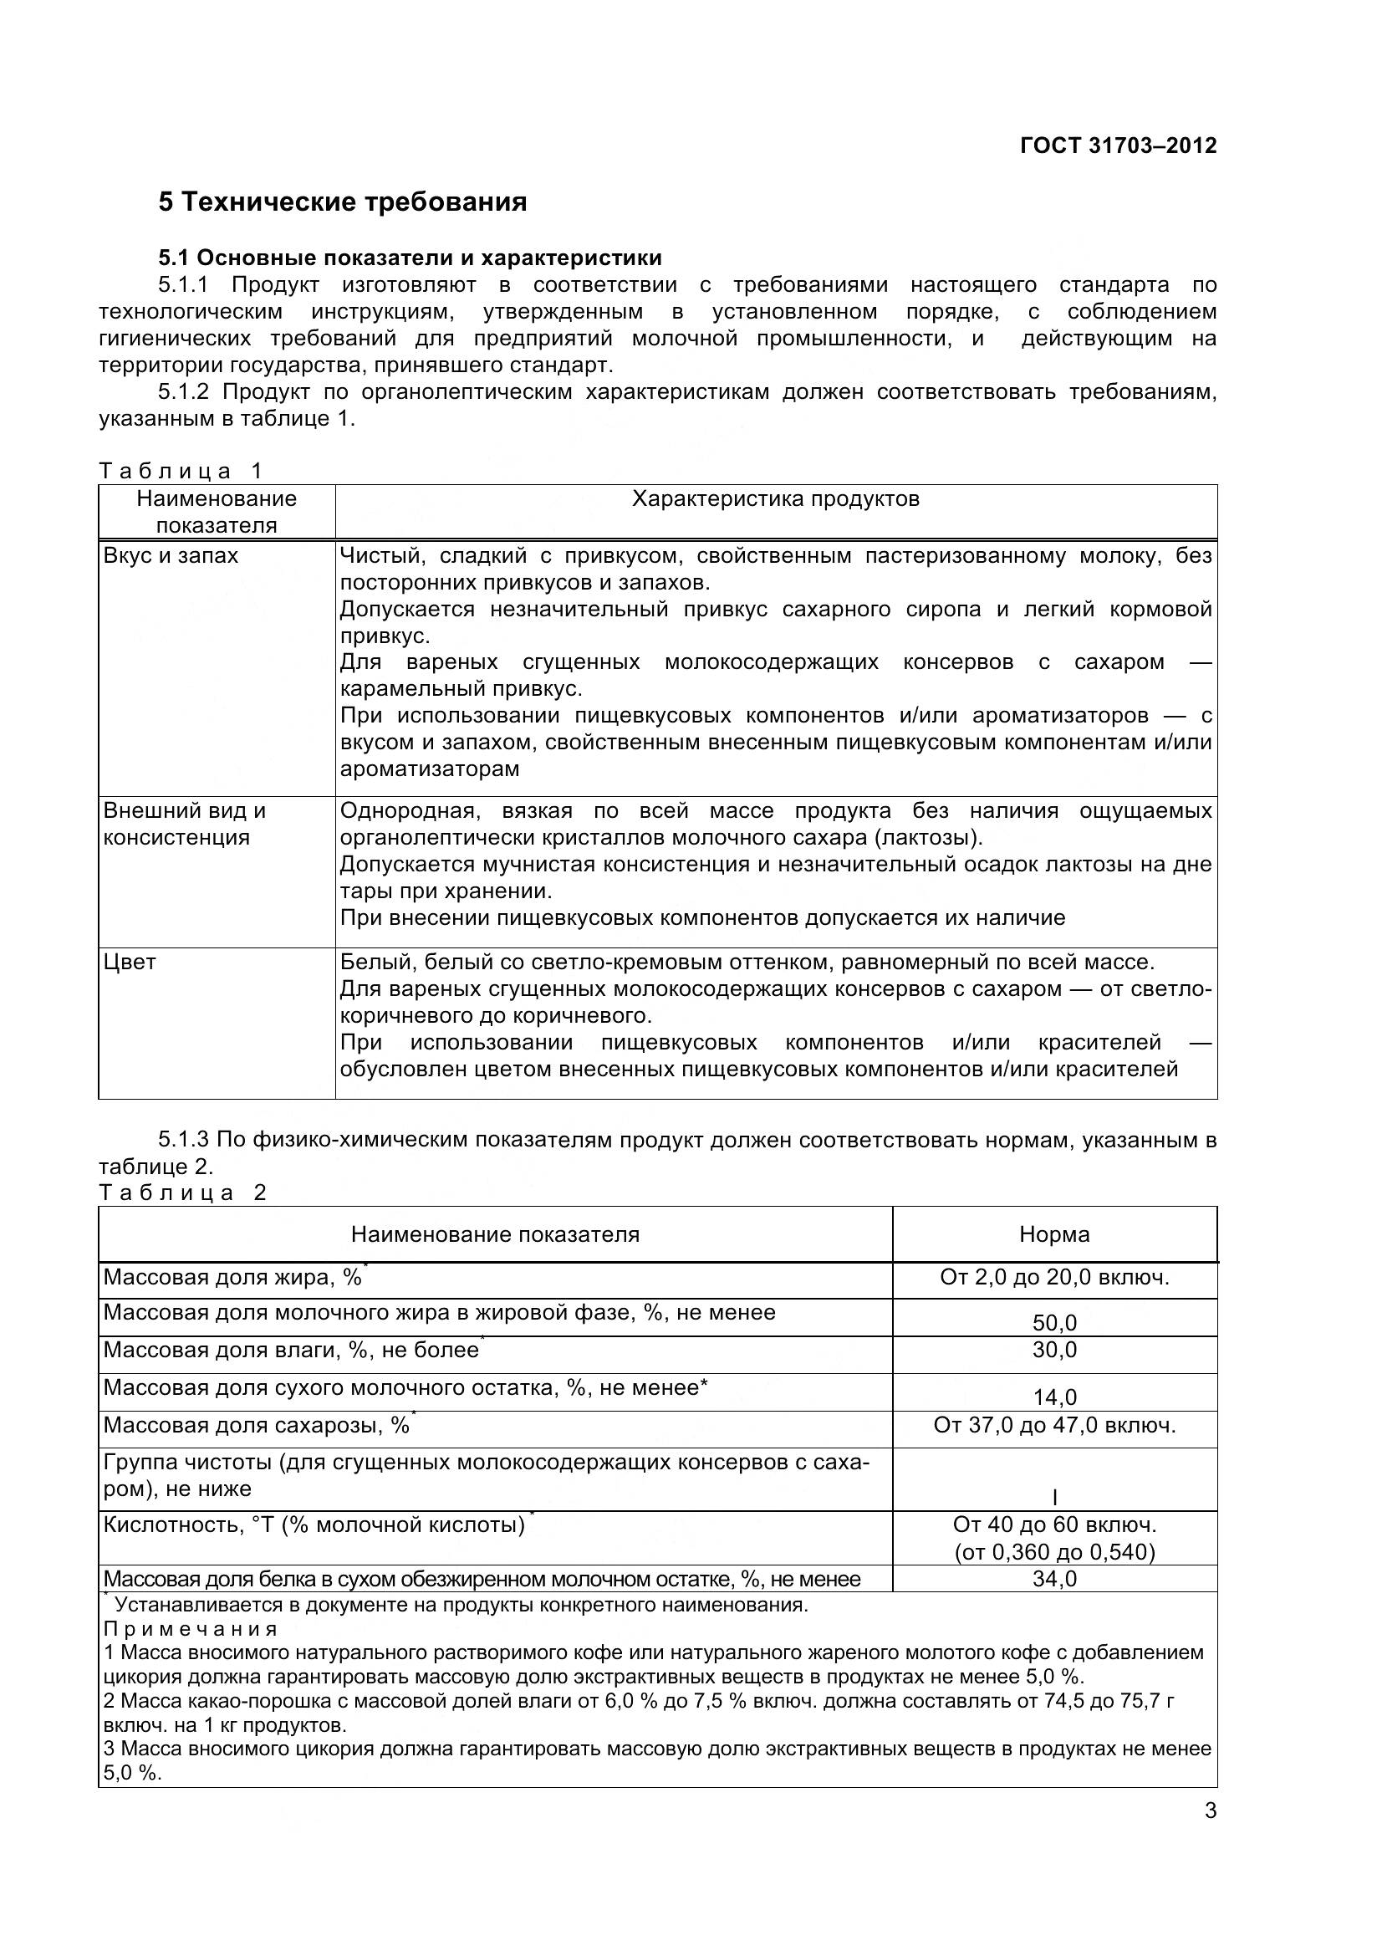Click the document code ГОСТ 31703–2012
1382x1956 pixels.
point(1117,146)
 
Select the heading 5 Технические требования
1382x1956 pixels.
point(342,202)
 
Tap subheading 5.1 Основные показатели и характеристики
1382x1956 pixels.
point(410,258)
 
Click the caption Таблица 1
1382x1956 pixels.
point(181,470)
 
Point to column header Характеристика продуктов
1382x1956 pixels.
point(775,498)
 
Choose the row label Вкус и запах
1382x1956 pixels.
point(171,555)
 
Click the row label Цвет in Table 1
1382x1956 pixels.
point(130,962)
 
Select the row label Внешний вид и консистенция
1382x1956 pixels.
point(184,823)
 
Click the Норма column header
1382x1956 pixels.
point(1054,1234)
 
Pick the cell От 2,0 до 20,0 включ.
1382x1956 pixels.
point(1054,1277)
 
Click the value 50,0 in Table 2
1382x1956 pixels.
point(1054,1322)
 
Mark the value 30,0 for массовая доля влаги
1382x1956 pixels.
point(1054,1350)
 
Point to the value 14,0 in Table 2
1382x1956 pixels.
point(1054,1397)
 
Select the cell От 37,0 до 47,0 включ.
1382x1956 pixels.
point(1054,1424)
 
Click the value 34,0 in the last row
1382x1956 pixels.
point(1054,1579)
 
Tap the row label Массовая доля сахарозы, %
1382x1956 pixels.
point(256,1425)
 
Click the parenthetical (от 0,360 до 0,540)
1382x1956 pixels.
point(1054,1551)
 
